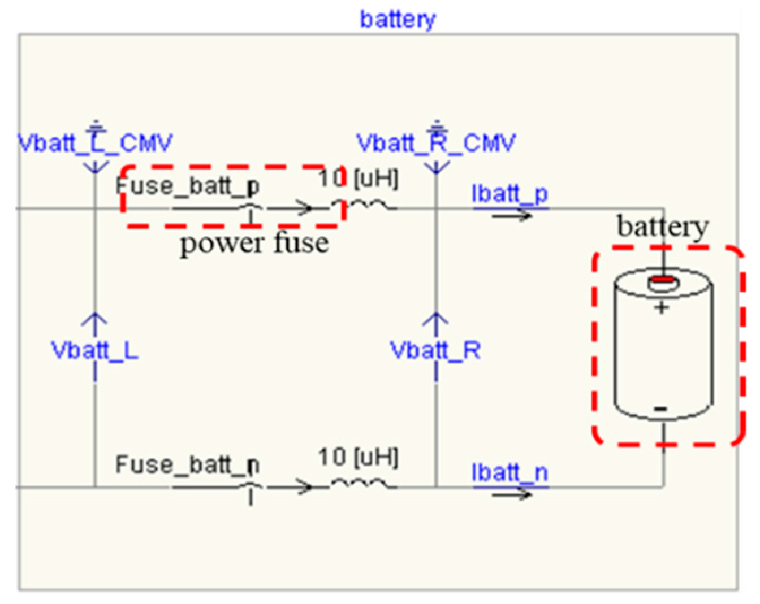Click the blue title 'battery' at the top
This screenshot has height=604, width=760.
(398, 19)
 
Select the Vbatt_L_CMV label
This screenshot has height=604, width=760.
(95, 144)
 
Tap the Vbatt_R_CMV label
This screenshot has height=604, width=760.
(436, 144)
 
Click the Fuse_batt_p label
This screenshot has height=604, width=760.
(188, 185)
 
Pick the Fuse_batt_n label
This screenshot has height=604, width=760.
(188, 464)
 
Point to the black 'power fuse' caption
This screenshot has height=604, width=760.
(254, 244)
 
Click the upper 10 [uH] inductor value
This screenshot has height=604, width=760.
(359, 179)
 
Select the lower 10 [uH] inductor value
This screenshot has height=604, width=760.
(359, 457)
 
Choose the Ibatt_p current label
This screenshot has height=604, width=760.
(510, 194)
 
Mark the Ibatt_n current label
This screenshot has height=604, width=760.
(510, 472)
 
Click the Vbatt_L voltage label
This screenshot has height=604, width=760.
(95, 351)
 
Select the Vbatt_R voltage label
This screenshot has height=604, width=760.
(435, 351)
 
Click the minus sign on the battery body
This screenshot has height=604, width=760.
(660, 409)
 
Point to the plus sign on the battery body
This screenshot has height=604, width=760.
(662, 308)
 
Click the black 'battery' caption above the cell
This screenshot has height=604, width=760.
(662, 227)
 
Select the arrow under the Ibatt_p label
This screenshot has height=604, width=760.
(511, 215)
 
